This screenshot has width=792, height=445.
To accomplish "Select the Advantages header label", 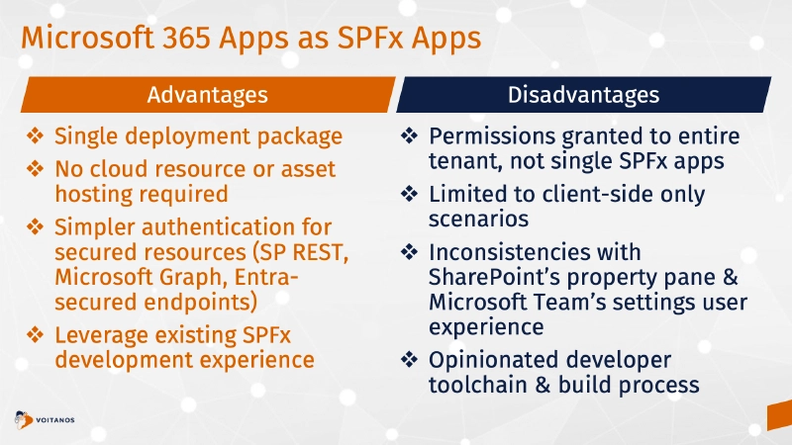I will [207, 95].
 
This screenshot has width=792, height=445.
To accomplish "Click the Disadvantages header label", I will [583, 95].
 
